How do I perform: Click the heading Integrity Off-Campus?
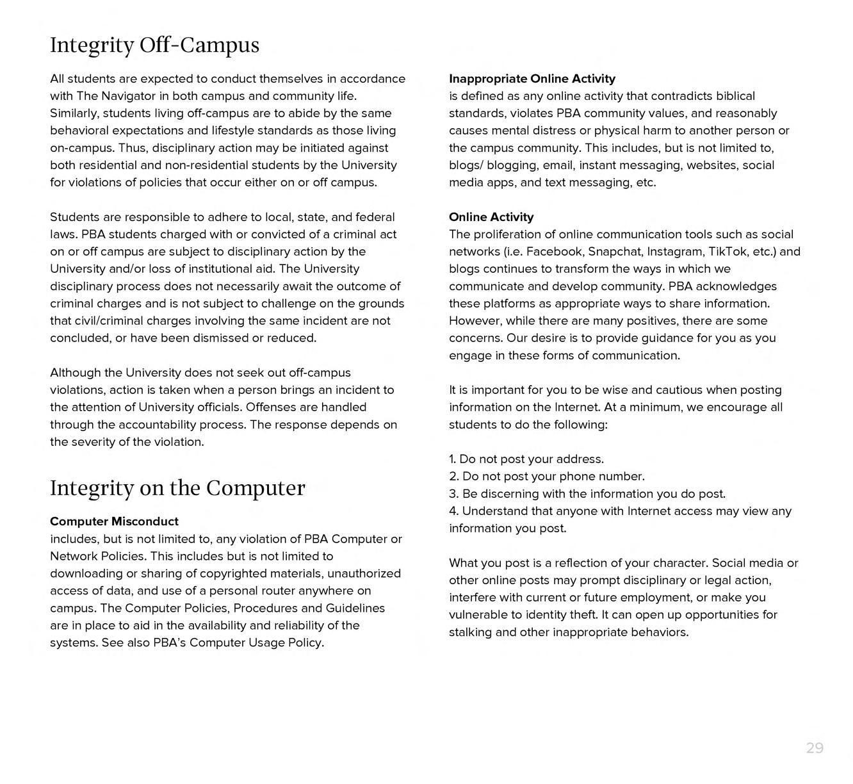(154, 45)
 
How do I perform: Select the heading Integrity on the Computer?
(177, 488)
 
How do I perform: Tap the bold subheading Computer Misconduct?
(114, 521)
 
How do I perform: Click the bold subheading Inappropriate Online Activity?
(532, 79)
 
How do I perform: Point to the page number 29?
(815, 748)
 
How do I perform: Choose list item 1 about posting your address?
(526, 459)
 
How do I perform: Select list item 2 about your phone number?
(546, 477)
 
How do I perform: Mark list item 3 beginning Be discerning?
(587, 494)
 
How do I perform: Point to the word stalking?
(470, 632)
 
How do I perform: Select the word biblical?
(731, 96)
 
